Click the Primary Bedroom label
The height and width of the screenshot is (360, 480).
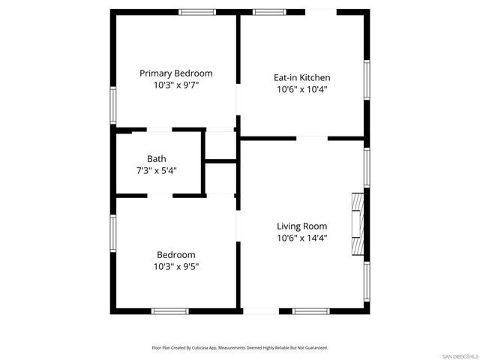pyautogui.click(x=176, y=73)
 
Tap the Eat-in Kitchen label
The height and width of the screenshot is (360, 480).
pyautogui.click(x=301, y=77)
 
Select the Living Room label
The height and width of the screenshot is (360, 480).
pyautogui.click(x=301, y=226)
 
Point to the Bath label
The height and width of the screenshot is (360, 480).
pyautogui.click(x=157, y=158)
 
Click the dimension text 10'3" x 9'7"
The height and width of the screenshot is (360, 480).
pyautogui.click(x=176, y=85)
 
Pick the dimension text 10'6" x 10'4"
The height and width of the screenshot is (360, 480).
pyautogui.click(x=301, y=89)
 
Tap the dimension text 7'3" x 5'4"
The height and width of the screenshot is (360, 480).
pyautogui.click(x=157, y=170)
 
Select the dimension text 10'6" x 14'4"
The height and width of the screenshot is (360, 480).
pyautogui.click(x=301, y=238)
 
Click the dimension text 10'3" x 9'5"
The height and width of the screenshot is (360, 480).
pyautogui.click(x=176, y=266)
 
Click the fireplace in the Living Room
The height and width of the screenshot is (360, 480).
pyautogui.click(x=358, y=226)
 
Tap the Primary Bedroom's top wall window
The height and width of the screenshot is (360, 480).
pyautogui.click(x=197, y=12)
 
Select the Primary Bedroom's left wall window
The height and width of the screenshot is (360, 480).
pyautogui.click(x=113, y=104)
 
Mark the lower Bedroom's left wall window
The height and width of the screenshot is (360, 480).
pyautogui.click(x=113, y=235)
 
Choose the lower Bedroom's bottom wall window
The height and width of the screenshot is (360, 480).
pyautogui.click(x=170, y=310)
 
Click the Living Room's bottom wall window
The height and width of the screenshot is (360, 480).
pyautogui.click(x=310, y=310)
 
